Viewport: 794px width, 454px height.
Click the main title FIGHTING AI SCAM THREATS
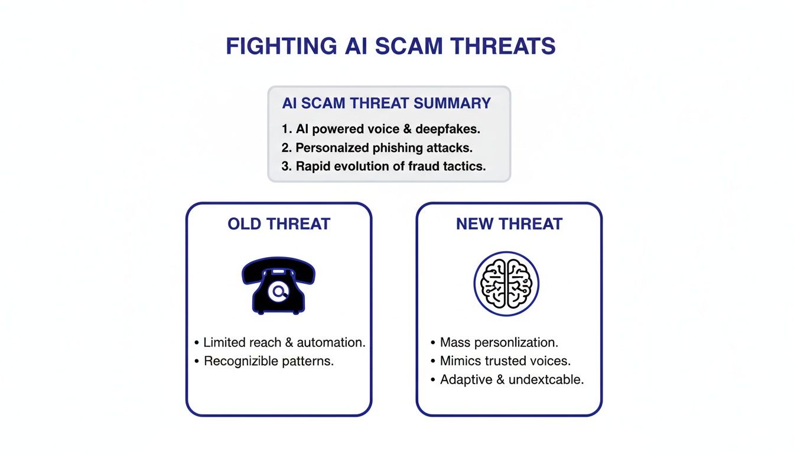(x=391, y=46)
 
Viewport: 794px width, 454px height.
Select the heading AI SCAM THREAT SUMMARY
(x=386, y=103)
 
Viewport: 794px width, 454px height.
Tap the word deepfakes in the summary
(x=454, y=128)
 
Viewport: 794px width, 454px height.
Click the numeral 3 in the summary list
(x=285, y=167)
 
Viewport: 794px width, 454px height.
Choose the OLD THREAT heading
(x=279, y=224)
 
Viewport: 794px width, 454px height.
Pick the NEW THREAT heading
(x=509, y=224)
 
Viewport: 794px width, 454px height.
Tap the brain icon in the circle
(x=506, y=284)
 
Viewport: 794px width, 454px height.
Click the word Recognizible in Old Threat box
(x=239, y=361)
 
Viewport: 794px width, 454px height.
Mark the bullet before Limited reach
(x=196, y=343)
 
